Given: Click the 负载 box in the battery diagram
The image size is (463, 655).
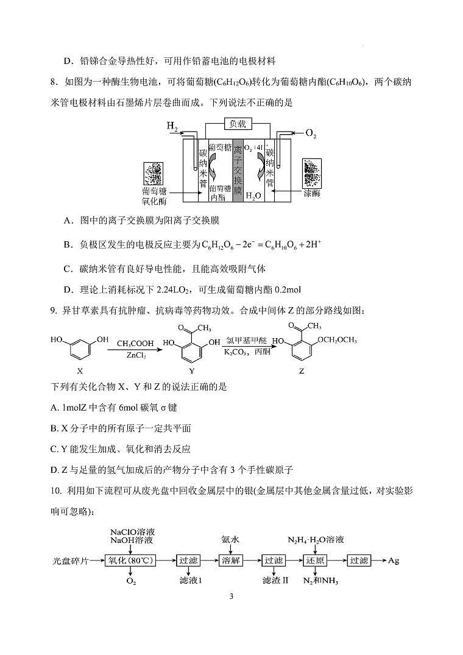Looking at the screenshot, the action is click(x=237, y=124).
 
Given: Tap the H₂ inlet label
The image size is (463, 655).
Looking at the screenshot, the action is click(x=172, y=127).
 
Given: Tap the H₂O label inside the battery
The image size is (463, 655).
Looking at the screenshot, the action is click(x=253, y=196).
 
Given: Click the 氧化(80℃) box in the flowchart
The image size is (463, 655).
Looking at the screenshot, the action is click(x=131, y=561).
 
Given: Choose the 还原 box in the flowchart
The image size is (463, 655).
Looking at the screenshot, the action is click(x=316, y=561).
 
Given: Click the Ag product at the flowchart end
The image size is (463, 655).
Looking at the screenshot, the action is click(x=394, y=561).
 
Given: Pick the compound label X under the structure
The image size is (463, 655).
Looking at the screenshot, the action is click(x=80, y=370).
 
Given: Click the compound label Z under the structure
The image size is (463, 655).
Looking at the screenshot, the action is click(x=301, y=370).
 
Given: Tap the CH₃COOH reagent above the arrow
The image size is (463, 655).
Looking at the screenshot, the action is click(x=135, y=344).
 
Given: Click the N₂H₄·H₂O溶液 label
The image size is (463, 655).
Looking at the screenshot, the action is click(x=316, y=540).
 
